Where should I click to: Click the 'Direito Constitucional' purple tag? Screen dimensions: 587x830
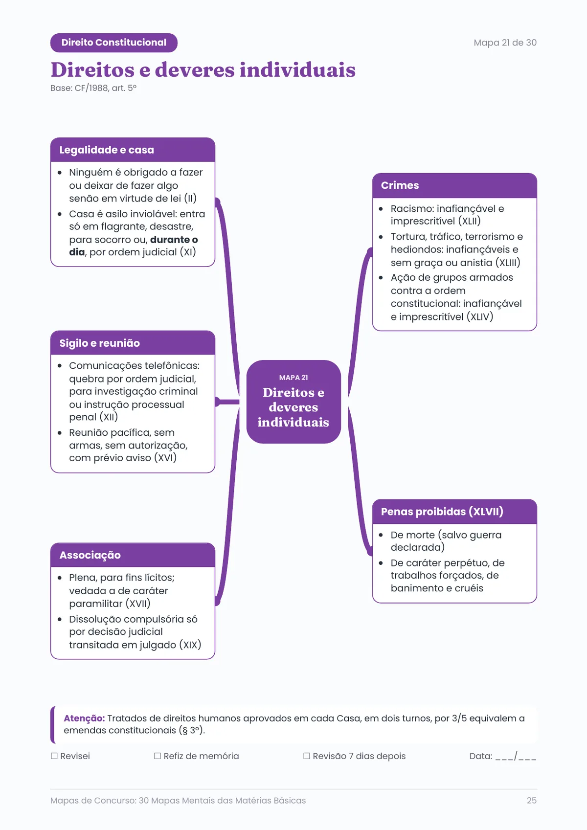click(114, 43)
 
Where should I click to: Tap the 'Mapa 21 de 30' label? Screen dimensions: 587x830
click(505, 43)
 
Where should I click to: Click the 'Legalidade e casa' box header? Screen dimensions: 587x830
click(133, 150)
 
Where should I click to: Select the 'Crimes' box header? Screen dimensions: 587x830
click(454, 185)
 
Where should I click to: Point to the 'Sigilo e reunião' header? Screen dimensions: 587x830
click(133, 343)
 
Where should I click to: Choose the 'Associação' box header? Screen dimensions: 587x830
click(133, 555)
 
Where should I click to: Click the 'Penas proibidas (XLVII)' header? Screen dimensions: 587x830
click(454, 511)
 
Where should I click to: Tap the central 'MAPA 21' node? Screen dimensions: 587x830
click(293, 402)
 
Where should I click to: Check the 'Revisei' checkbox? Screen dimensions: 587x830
click(54, 756)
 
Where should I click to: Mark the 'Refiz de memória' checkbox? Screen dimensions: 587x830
click(158, 756)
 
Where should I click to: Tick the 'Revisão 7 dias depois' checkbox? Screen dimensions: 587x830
click(307, 756)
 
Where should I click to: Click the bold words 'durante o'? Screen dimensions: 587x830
click(174, 240)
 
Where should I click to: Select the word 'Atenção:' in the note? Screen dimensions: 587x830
click(84, 718)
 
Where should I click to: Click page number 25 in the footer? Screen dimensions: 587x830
click(531, 800)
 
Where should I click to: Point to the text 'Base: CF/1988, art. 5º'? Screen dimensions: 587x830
click(93, 88)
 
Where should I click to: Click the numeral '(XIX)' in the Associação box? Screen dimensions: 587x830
click(190, 645)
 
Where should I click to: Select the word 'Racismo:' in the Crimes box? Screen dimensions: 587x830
click(412, 209)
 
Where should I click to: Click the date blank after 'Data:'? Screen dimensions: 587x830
click(516, 756)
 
